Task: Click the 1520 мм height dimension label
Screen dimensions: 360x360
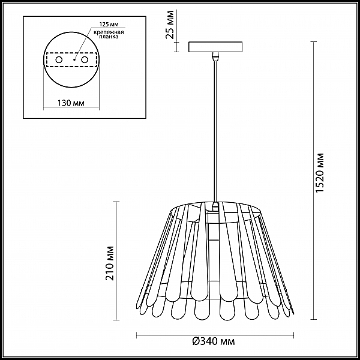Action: pos(319,173)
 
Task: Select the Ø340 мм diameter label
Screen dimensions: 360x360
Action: pos(214,341)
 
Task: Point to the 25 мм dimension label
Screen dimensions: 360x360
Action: pos(170,25)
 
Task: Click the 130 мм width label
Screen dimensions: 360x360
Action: pos(71,103)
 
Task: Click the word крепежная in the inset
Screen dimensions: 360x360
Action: pos(109,32)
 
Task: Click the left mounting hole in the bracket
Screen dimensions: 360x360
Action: pos(59,60)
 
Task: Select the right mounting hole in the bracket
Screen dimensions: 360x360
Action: pos(85,60)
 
